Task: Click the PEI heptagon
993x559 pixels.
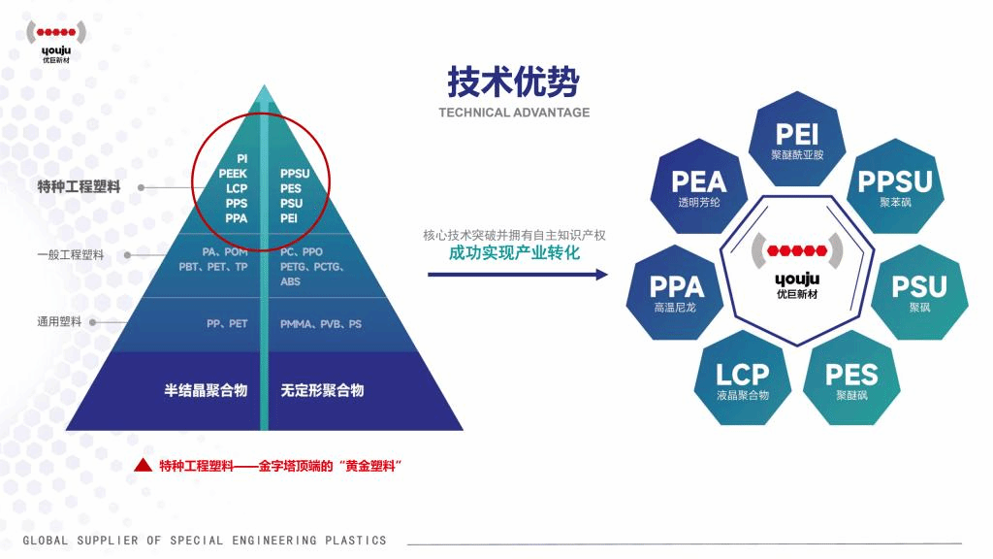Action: coord(797,139)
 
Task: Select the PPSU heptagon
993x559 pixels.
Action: coord(895,187)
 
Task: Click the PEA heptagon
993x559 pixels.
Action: coord(698,187)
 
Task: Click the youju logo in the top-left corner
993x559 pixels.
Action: coord(56,39)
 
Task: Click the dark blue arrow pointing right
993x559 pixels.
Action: coord(518,275)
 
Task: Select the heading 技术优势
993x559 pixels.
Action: coord(513,82)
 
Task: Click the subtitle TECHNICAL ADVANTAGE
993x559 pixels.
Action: coord(513,113)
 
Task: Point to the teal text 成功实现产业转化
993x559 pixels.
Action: coord(514,252)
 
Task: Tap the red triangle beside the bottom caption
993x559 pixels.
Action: coord(143,466)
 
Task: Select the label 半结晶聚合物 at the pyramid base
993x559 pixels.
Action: coord(206,390)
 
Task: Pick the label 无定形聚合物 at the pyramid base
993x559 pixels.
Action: coord(322,390)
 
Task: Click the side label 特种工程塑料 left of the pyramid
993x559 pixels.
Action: coord(79,187)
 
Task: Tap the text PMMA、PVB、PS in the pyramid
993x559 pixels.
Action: coord(321,324)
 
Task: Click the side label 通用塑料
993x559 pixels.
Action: coord(59,321)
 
